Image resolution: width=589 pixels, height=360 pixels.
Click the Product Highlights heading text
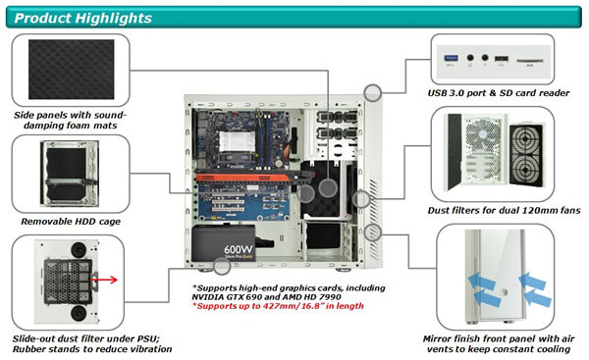point(83,18)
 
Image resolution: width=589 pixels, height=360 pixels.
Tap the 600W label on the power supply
point(239,249)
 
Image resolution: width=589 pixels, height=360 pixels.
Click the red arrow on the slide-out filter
point(104,280)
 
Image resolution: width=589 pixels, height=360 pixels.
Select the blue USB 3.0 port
point(452,58)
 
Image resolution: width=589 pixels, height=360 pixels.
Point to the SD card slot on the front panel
point(530,61)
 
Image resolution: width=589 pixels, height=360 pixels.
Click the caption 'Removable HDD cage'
point(71,222)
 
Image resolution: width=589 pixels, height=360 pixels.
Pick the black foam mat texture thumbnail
point(72,70)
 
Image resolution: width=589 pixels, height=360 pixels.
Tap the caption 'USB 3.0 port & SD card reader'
point(499,93)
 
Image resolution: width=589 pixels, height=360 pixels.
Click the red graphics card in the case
point(254,177)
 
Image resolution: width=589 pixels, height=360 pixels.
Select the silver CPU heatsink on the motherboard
point(236,142)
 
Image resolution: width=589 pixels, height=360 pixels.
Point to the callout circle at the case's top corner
point(373,93)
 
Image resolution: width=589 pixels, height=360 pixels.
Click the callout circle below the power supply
point(222,266)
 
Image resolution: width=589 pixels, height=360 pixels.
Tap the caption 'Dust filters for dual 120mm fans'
point(504,210)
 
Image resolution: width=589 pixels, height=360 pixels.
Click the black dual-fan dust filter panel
point(526,155)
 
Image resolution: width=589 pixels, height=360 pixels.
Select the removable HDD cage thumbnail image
point(70,174)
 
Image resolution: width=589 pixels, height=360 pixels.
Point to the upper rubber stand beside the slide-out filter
point(79,249)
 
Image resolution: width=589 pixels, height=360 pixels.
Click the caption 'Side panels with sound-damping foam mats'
point(71,120)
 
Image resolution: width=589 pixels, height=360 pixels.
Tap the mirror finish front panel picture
point(495,277)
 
